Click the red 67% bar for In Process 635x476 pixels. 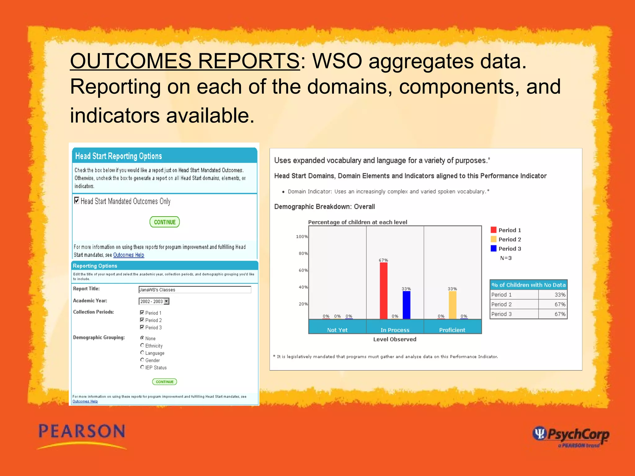384,290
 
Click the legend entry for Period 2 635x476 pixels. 506,239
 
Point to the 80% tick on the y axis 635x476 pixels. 303,253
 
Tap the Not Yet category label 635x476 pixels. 337,330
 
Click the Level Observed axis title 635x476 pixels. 394,339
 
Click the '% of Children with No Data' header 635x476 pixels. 528,285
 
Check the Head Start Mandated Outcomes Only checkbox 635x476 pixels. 77,201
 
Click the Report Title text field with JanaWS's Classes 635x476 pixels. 194,290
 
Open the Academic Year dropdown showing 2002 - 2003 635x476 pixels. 167,301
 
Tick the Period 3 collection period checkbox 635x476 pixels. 142,327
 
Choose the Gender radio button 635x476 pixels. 142,360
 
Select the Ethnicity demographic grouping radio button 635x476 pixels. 142,345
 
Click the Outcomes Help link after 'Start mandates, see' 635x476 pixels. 128,255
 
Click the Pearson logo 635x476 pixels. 82,435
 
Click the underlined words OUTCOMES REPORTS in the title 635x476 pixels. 184,61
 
